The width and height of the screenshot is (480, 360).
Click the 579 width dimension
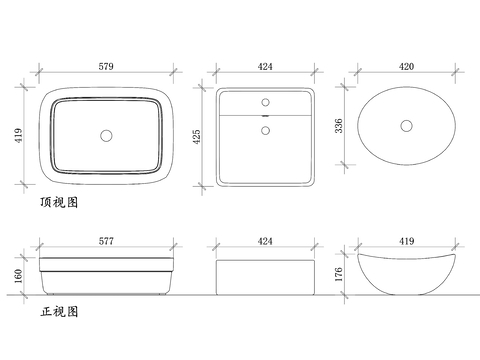point(106,66)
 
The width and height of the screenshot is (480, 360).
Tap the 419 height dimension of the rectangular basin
point(19,135)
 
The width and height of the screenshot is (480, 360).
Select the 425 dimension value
point(197,137)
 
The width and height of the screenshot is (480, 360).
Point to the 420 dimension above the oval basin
point(406,66)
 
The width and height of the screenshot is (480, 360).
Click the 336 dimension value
point(339,126)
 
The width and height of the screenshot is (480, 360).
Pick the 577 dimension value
point(106,241)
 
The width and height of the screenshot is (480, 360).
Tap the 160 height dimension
point(19,276)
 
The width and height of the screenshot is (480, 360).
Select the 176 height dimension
point(339,274)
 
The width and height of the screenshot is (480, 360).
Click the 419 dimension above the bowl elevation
point(407,241)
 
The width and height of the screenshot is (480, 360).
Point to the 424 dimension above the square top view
point(265,66)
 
